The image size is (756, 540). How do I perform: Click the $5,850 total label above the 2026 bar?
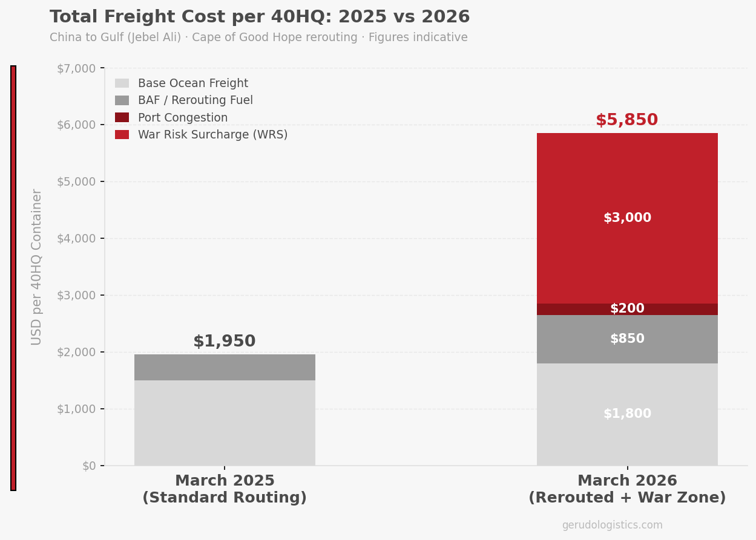tap(626, 120)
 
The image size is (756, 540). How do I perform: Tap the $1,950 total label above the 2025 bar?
tap(224, 342)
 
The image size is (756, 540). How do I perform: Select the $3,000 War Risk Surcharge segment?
tap(627, 218)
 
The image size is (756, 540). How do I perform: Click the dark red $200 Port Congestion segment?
tap(627, 309)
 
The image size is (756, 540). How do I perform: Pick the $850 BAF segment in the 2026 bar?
tap(627, 339)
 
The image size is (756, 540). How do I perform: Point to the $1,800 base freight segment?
tap(627, 414)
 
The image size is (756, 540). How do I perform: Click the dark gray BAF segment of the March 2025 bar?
tap(225, 367)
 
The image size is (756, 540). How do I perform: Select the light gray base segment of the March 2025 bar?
tap(225, 423)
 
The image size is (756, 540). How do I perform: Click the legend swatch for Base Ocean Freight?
tap(122, 83)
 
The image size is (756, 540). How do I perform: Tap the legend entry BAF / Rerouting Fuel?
tap(195, 100)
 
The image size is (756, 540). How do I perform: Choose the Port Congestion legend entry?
tap(182, 118)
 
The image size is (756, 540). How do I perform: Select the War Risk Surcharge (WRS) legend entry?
tap(212, 135)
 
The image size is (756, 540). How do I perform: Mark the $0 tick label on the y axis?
tap(89, 466)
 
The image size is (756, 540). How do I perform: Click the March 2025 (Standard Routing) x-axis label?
tap(225, 489)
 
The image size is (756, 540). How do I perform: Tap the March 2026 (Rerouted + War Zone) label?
tap(627, 489)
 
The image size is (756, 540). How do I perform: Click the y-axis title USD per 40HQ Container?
tap(37, 267)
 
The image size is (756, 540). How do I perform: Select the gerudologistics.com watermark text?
tap(612, 525)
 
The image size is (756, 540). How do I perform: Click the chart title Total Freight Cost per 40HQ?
tap(260, 17)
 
